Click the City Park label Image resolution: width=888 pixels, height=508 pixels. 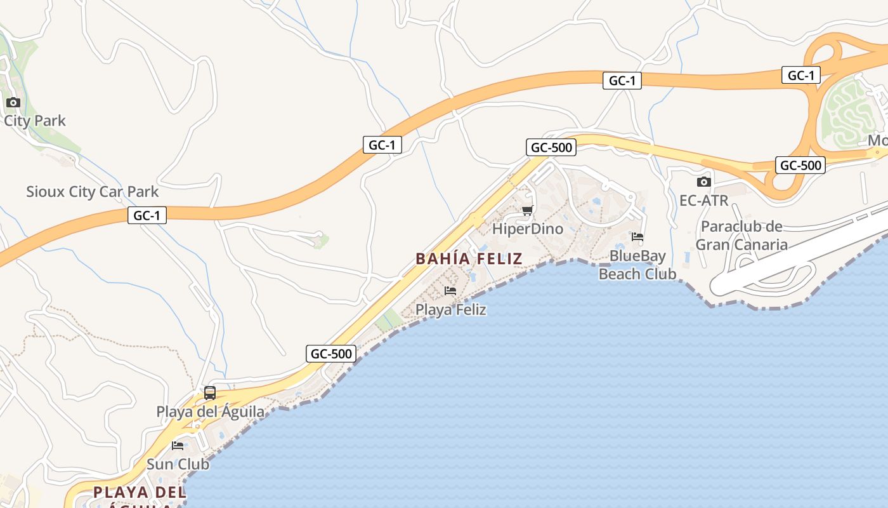coord(35,121)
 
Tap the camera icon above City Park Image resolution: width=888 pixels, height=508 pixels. coord(13,102)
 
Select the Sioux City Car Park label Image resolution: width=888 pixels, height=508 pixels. coord(92,192)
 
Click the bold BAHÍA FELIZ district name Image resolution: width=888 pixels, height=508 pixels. coord(469,258)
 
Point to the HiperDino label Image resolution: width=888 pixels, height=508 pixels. coord(528,229)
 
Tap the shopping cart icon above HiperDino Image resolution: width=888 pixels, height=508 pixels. coord(527,210)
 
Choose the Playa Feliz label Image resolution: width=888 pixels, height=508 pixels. coord(450,310)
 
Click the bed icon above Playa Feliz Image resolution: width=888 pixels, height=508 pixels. coord(450,291)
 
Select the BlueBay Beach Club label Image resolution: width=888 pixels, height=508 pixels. coord(637,265)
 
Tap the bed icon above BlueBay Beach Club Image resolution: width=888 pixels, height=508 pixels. coord(637,237)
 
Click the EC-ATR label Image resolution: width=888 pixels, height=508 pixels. coord(703,201)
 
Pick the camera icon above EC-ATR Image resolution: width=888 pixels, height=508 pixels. coord(703,182)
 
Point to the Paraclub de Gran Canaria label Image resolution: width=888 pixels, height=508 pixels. coord(741,236)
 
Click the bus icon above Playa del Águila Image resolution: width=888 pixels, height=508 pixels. coord(210,393)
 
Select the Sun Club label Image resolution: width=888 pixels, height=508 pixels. coord(178,464)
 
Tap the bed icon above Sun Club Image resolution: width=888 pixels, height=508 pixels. coord(178,445)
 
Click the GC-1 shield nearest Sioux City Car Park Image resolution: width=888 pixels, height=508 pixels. coord(147,216)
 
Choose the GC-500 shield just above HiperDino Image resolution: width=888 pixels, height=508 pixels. coord(551,148)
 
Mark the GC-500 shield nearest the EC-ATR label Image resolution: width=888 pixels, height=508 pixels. coord(800,166)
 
